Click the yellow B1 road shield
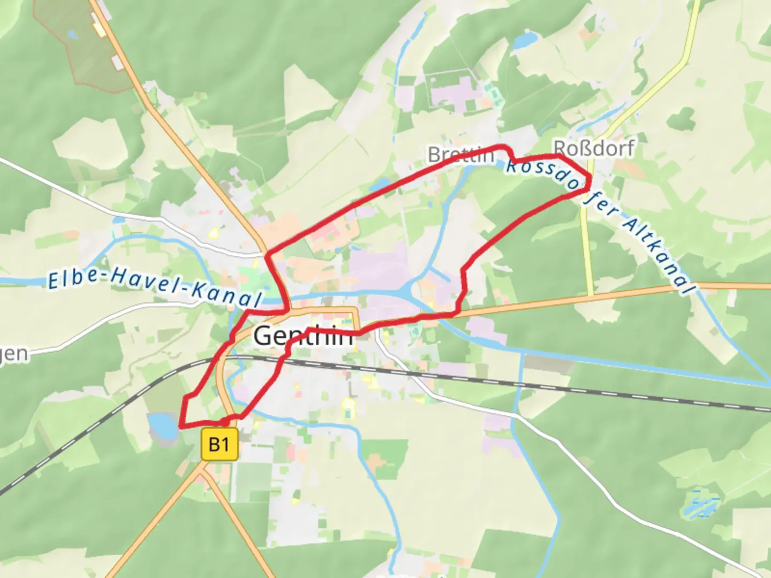coord(220,444)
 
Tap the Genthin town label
coord(303,336)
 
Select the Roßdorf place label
coord(594,148)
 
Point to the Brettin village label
coord(460,155)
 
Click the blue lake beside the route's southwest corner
coord(162,426)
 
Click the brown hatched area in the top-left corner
coord(80,43)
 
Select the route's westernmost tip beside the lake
coord(181,427)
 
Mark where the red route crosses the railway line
coord(281,360)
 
